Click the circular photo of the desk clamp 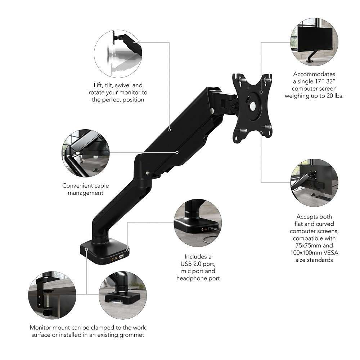(x=46, y=294)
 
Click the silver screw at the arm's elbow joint (x=148, y=173)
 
